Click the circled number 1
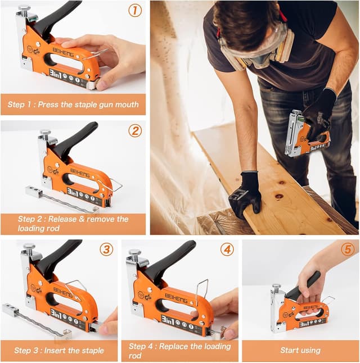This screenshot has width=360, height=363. (x=134, y=10)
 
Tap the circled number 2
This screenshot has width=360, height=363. (x=134, y=131)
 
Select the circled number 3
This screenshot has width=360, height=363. (x=106, y=249)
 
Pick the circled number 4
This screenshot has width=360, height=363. (x=227, y=249)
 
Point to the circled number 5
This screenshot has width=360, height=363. (x=347, y=249)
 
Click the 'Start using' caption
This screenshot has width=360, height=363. (x=300, y=351)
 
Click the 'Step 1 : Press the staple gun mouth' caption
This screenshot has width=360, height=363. (x=73, y=105)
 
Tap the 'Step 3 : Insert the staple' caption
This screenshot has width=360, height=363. (x=59, y=351)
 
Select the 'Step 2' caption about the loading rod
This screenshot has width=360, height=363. (x=73, y=224)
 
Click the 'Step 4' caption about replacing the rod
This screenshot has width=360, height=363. (x=180, y=351)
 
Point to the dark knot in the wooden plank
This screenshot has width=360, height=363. (x=279, y=197)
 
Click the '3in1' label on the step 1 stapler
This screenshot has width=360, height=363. (x=58, y=73)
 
